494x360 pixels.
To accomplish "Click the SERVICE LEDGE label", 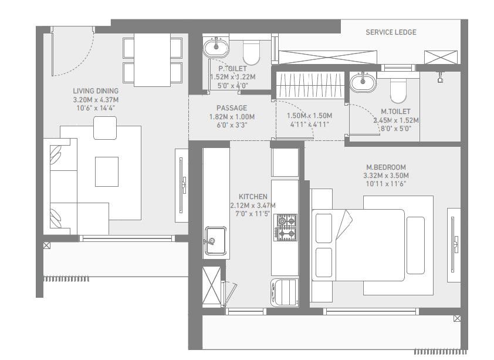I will [x=391, y=32].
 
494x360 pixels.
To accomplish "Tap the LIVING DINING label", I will [x=96, y=91].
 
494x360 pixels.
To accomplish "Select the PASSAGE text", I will [x=231, y=108].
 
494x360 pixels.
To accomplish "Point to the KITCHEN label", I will [x=253, y=197].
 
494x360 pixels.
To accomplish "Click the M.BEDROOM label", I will [x=385, y=167].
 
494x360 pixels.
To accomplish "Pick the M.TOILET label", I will [x=395, y=112].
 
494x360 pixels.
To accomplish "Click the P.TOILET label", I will [x=232, y=69].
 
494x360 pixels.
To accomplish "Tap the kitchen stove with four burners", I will [x=286, y=227].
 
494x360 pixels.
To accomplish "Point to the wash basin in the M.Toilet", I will [x=363, y=83].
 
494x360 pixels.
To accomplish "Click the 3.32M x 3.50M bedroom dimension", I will [x=385, y=175].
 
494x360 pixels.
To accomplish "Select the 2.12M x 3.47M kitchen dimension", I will [x=253, y=206].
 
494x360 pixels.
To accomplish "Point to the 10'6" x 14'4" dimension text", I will [x=96, y=108].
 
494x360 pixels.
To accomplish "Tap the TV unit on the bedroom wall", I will [x=454, y=244].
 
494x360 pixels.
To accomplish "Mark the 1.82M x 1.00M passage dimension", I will [x=231, y=116].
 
